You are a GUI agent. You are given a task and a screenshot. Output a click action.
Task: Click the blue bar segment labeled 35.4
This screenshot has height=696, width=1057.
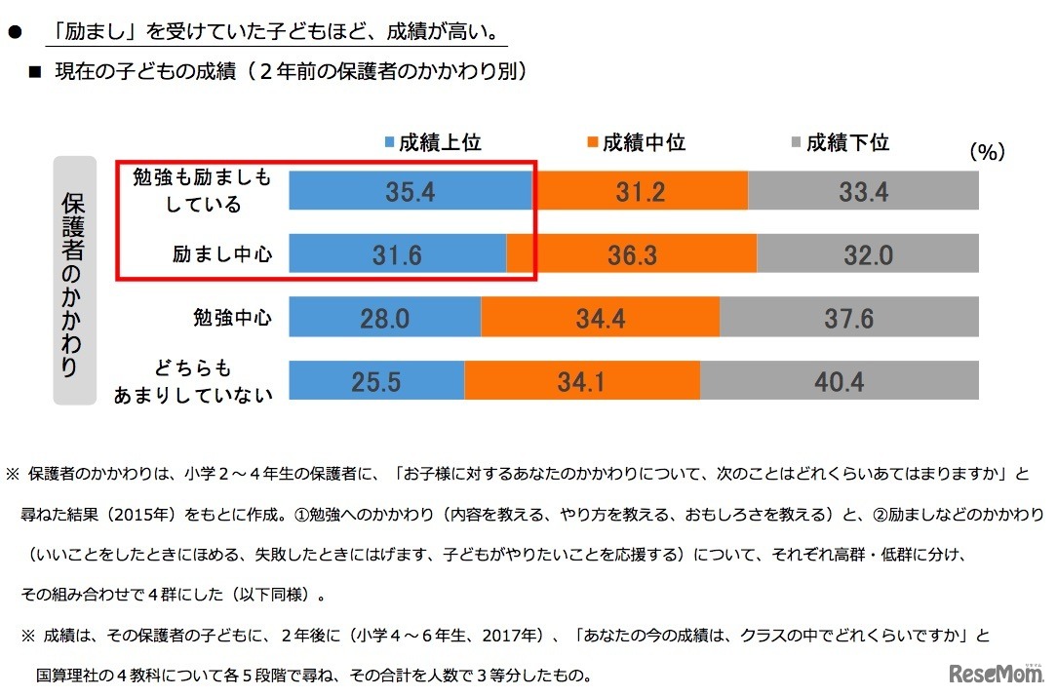point(410,191)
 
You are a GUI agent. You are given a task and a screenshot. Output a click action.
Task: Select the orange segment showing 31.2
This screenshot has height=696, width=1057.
point(640,191)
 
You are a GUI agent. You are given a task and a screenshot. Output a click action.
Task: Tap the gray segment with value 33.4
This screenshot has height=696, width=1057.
point(863,191)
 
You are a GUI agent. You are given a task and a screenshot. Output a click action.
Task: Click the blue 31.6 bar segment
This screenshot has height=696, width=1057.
point(397,254)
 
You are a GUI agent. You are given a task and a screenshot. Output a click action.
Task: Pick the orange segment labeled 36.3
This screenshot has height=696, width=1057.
point(632,254)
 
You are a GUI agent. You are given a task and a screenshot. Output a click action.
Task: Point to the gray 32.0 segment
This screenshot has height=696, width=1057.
point(868,254)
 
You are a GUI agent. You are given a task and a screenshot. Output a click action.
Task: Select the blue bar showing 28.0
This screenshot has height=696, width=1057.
point(384,318)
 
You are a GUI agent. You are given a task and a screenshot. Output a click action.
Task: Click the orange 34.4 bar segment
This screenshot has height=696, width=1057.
point(600,318)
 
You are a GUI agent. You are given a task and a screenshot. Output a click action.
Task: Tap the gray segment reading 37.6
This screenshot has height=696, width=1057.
point(848,318)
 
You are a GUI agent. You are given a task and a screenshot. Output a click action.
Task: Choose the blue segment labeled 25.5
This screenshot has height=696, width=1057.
point(376,381)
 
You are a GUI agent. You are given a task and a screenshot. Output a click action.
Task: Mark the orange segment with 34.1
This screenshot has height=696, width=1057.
point(582,381)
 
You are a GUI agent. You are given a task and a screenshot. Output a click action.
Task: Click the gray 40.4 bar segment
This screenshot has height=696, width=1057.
point(839,381)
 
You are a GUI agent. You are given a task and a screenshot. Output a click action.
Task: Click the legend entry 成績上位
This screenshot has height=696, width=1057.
point(435,142)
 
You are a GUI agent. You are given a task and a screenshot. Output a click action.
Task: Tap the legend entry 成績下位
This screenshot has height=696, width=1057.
point(839,142)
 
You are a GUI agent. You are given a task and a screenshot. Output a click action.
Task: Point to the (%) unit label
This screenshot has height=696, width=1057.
point(987,151)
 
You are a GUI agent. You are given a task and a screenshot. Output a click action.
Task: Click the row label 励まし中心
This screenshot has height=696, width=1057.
point(222,255)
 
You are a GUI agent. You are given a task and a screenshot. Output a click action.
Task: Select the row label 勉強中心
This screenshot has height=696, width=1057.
point(232,319)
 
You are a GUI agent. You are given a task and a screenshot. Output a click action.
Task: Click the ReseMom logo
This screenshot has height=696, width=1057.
point(991,675)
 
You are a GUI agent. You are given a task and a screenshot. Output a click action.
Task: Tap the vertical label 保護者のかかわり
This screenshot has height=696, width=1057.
point(74,282)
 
